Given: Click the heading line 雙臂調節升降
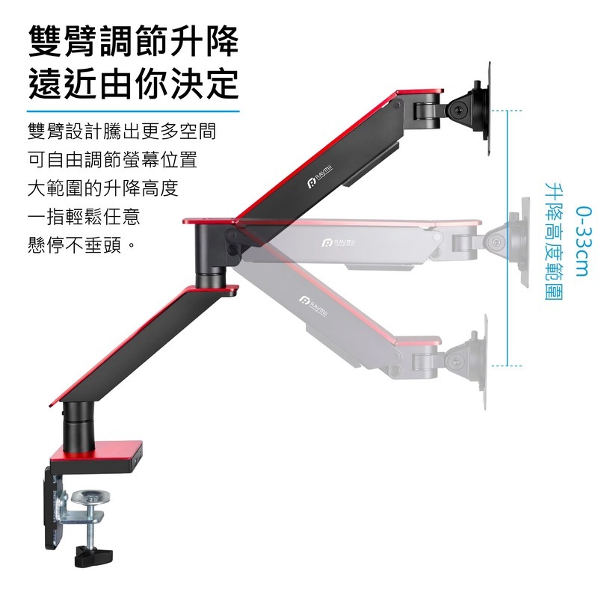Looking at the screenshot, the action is (133, 43).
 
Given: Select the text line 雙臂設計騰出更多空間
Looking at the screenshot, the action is (122, 132).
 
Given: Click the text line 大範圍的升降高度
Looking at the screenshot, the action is (102, 189).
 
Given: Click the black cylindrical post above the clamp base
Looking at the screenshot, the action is (77, 421).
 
